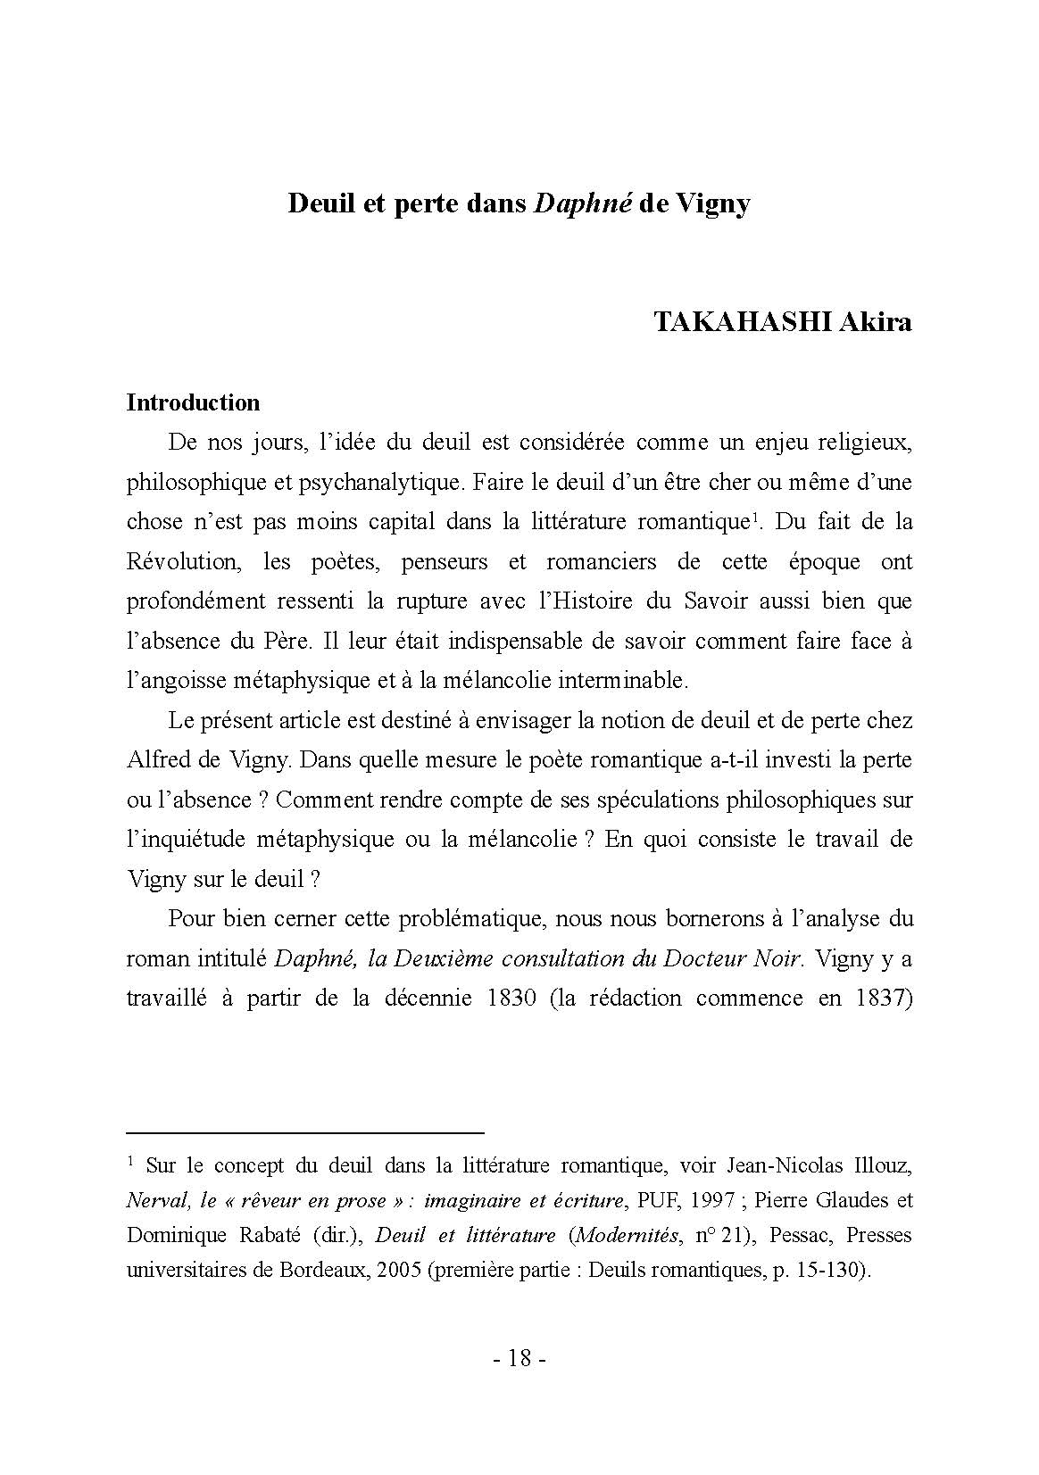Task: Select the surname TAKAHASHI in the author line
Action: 743,322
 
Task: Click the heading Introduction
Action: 193,402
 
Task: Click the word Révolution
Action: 183,562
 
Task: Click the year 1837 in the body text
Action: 881,998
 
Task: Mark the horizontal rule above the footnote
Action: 304,1132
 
